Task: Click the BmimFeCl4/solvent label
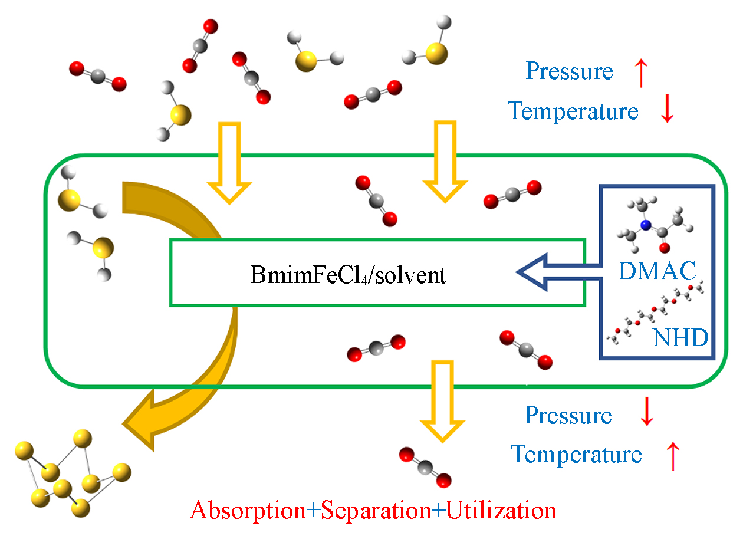pos(348,275)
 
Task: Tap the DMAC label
pos(657,270)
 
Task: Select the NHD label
pos(680,339)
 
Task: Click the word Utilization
pos(501,510)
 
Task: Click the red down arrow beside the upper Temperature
pos(667,110)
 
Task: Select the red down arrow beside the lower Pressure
pos(646,413)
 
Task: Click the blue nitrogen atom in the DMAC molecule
pos(646,225)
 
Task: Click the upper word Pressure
pos(569,71)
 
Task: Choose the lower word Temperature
pos(576,455)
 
